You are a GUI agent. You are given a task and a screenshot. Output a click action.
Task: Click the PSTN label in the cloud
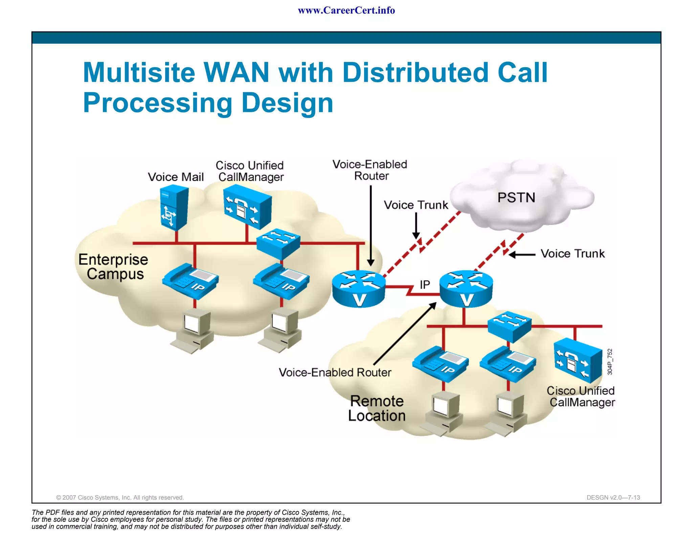click(516, 197)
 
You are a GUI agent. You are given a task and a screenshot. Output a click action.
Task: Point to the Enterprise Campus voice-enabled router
click(358, 288)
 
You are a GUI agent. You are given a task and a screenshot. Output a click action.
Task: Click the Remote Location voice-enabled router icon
click(466, 288)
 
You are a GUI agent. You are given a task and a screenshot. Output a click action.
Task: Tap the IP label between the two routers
click(425, 285)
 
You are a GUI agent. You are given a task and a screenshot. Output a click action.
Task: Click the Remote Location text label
click(377, 408)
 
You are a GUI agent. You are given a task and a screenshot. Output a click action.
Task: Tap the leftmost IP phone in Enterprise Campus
click(191, 281)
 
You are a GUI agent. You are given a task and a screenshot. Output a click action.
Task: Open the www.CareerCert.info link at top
click(346, 10)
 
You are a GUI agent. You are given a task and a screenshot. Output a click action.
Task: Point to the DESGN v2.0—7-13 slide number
click(613, 497)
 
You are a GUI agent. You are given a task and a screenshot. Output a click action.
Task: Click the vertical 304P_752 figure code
click(610, 362)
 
